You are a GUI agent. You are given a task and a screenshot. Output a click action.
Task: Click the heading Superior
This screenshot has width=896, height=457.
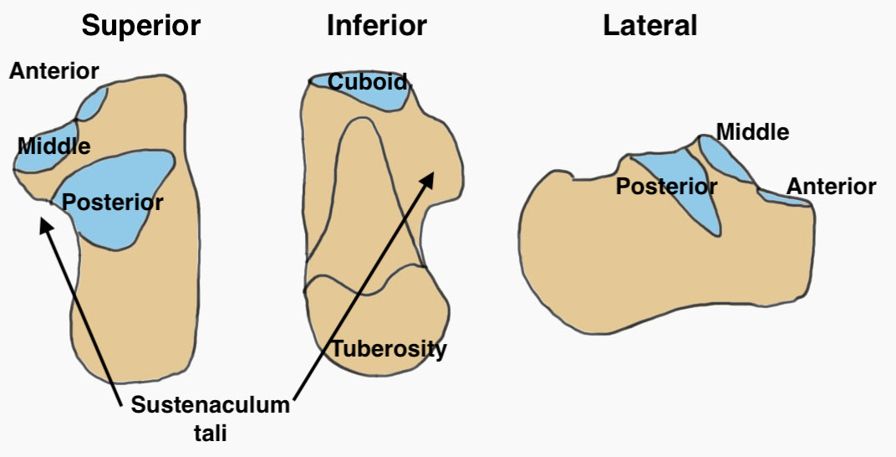(x=140, y=26)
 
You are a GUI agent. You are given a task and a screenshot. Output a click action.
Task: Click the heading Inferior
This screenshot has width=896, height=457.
(x=376, y=26)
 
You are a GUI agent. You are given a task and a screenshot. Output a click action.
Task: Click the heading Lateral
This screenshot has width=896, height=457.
(x=649, y=26)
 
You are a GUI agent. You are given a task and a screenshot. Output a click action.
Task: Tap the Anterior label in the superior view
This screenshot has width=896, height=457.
(x=53, y=71)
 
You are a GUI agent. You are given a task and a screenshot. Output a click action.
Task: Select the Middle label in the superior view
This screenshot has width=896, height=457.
(x=53, y=146)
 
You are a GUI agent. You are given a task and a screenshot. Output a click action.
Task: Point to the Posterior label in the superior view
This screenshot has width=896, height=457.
(x=113, y=202)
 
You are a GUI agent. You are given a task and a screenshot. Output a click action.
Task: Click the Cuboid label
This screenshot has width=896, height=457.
(x=367, y=82)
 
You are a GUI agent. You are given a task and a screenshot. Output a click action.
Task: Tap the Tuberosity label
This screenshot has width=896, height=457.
(x=389, y=349)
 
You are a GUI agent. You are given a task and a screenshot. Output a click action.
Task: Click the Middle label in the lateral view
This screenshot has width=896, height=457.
(x=752, y=131)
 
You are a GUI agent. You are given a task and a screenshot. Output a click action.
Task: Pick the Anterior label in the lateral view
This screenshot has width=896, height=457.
(x=832, y=187)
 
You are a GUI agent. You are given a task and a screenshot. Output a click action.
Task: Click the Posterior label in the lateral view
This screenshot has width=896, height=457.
(x=666, y=187)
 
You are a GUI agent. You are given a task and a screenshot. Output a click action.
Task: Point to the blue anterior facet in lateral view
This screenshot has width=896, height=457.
(x=781, y=198)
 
